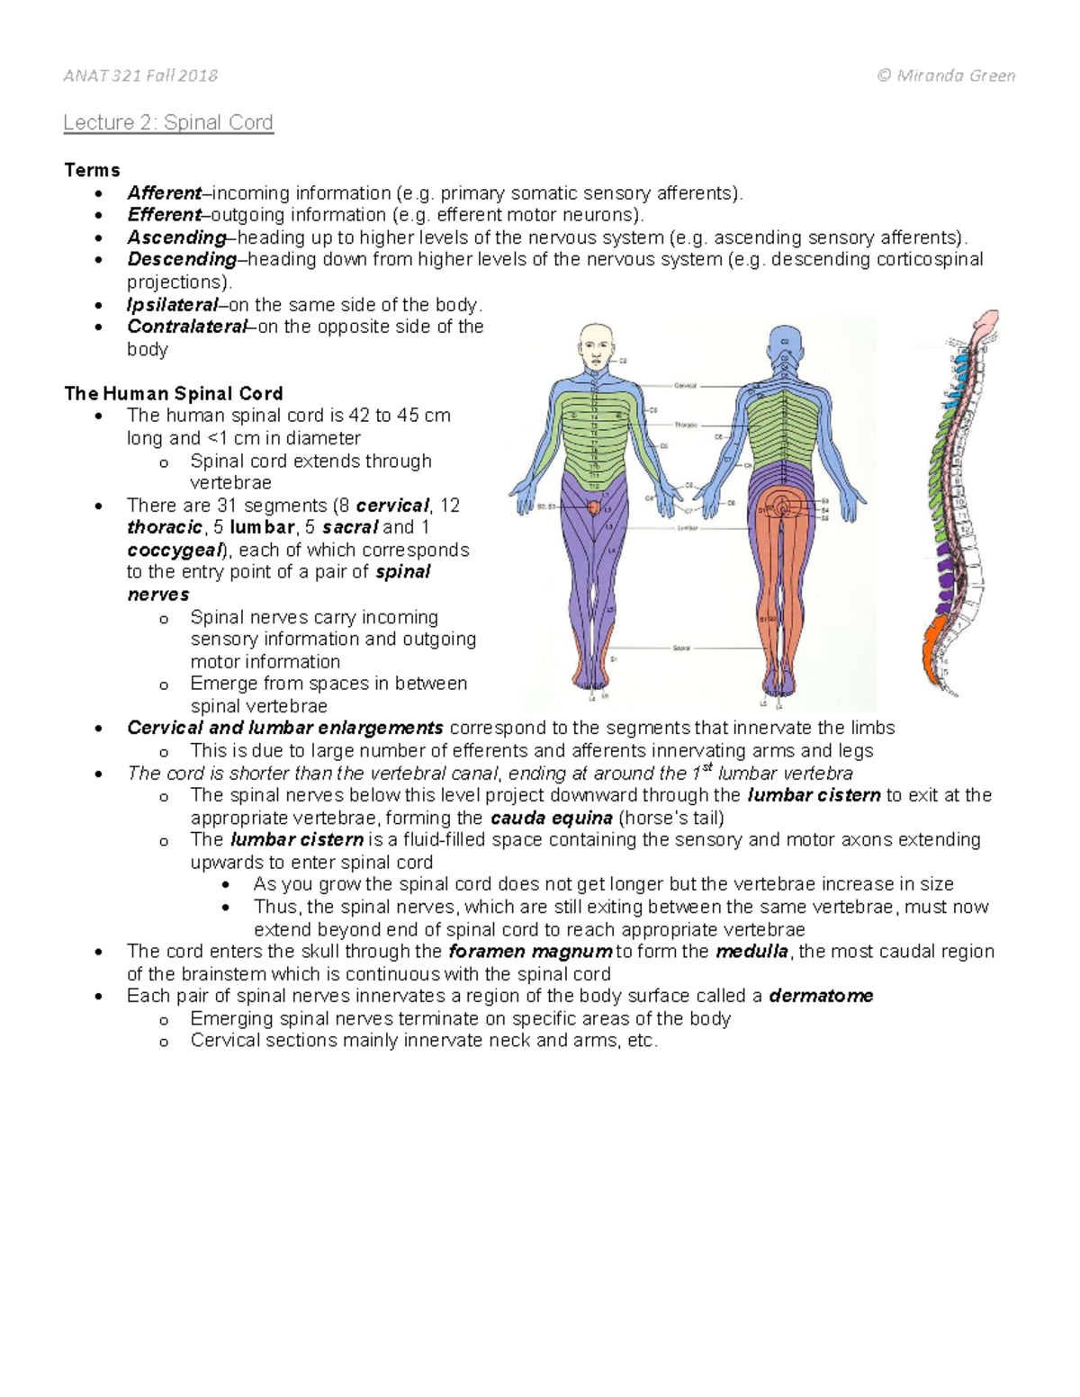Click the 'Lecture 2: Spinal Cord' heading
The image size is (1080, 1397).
point(168,122)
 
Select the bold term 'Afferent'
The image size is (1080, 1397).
point(164,193)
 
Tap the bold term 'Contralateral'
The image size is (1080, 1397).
point(186,327)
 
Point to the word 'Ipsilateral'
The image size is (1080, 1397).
point(172,305)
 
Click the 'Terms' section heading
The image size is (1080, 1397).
point(92,170)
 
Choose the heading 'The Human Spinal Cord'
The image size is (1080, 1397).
point(174,393)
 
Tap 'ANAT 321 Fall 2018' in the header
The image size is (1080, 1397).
point(140,76)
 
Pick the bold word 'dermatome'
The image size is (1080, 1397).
point(821,996)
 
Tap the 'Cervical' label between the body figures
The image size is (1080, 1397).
point(685,385)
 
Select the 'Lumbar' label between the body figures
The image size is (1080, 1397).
point(687,528)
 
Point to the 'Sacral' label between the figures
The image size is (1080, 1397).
point(681,648)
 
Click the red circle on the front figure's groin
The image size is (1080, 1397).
point(595,507)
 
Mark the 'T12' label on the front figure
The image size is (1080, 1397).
point(594,476)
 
